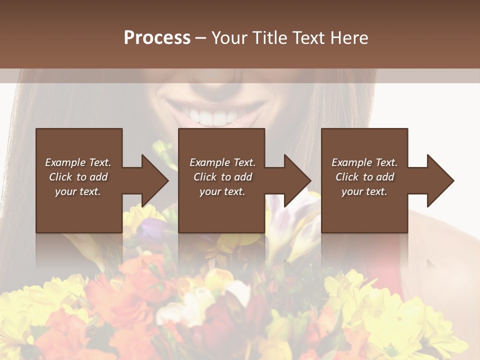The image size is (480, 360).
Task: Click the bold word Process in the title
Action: click(157, 38)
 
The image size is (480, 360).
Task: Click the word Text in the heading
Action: click(307, 38)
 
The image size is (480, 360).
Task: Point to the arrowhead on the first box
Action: click(154, 180)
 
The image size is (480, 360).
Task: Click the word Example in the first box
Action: click(65, 162)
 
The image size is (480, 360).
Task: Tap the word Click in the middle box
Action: click(204, 177)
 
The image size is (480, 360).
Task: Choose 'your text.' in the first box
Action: click(78, 191)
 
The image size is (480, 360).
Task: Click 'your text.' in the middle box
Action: click(222, 191)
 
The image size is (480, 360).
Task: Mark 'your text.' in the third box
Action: click(364, 191)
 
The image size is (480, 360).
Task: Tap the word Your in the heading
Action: click(228, 38)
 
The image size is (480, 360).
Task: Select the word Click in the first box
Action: click(60, 177)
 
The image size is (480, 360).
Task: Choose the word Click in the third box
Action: click(347, 177)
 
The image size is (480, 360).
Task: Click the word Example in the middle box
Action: click(209, 162)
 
